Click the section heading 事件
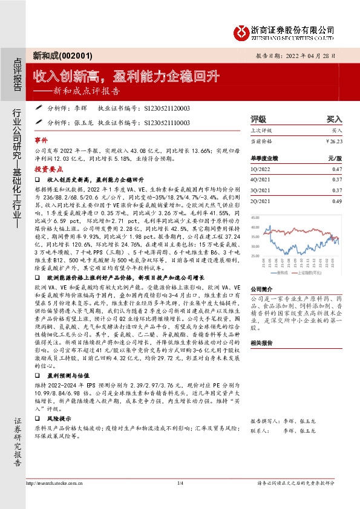point(41,138)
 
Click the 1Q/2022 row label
point(260,170)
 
